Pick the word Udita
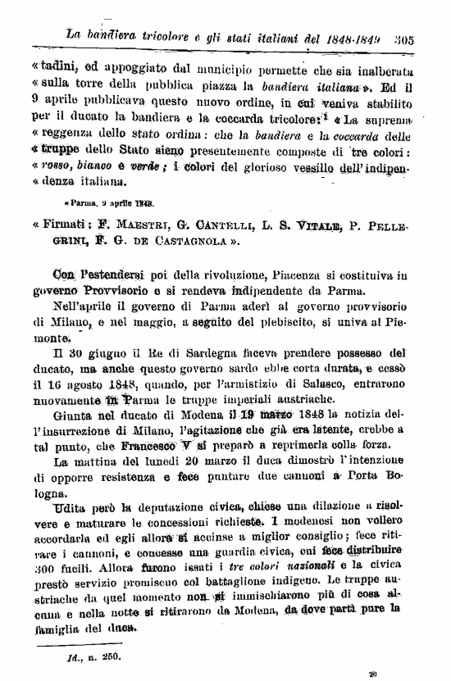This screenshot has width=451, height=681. click(68, 507)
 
